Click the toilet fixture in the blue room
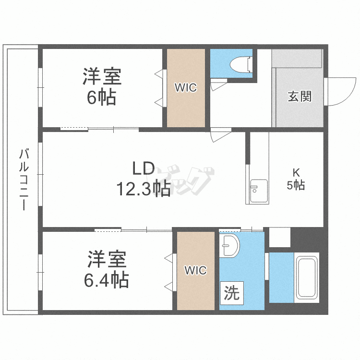click(x=240, y=63)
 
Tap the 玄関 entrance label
click(x=300, y=96)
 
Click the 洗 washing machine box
click(x=232, y=293)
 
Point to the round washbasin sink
click(x=229, y=246)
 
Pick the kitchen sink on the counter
click(x=258, y=191)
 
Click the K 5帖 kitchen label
click(x=296, y=179)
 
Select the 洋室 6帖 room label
click(x=101, y=86)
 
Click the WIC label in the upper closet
click(x=185, y=88)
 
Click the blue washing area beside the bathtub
click(x=281, y=277)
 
